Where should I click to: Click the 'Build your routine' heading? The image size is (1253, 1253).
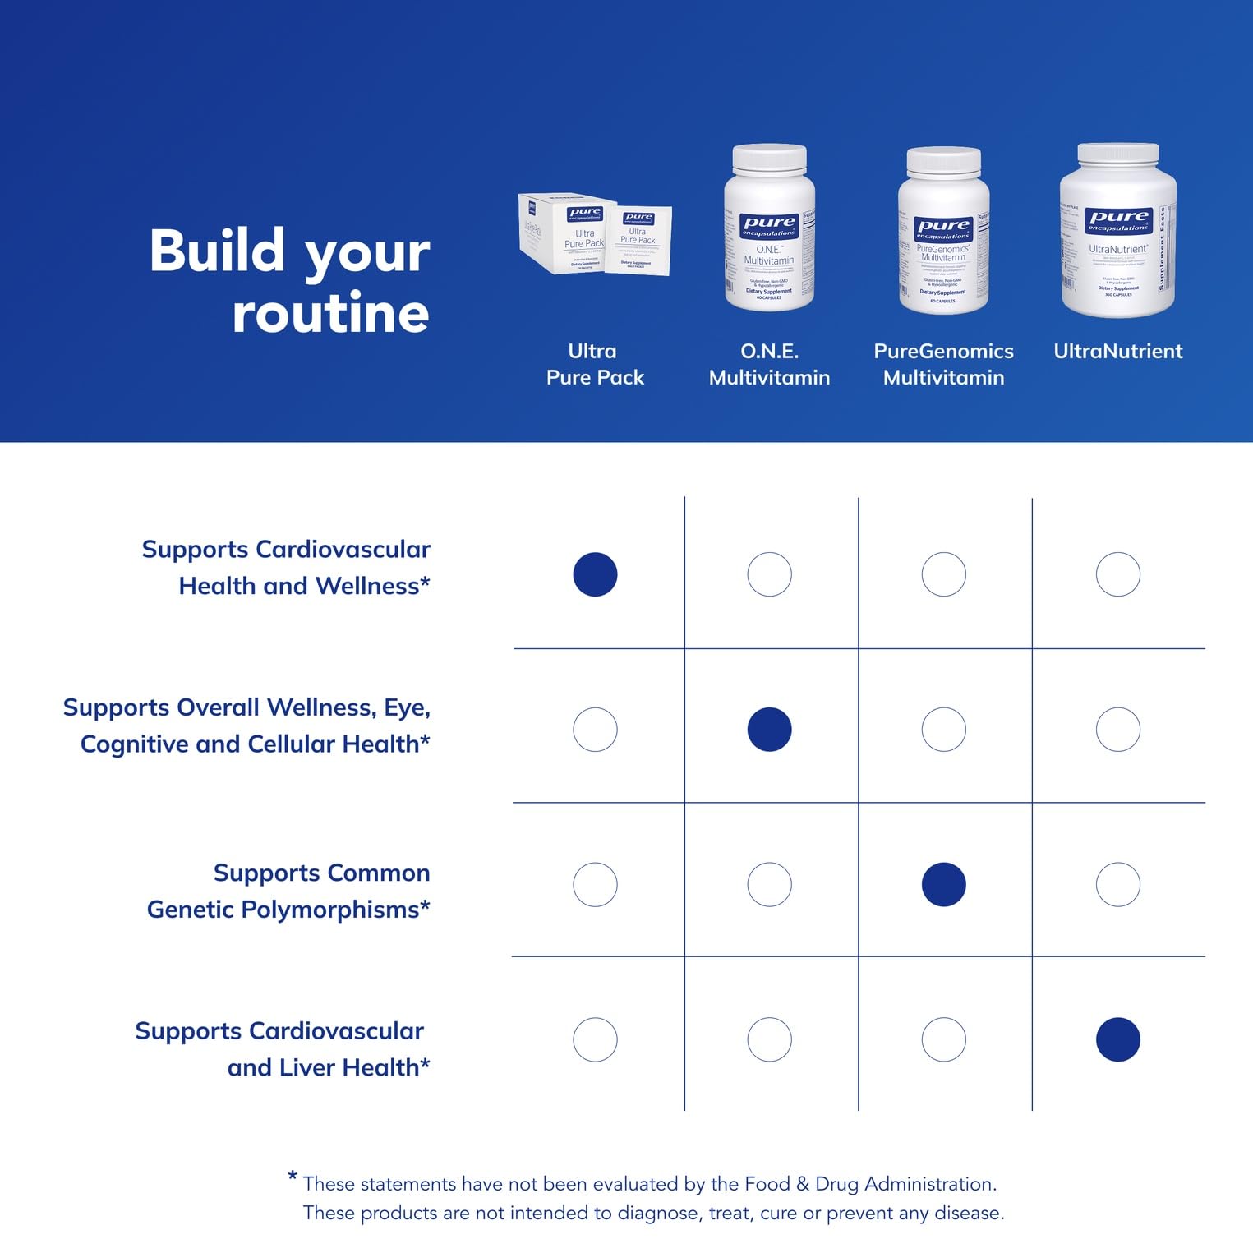point(289,281)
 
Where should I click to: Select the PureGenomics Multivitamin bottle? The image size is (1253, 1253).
point(943,232)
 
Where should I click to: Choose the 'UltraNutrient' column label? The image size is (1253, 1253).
point(1117,351)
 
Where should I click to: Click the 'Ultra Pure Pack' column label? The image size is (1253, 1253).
point(595,364)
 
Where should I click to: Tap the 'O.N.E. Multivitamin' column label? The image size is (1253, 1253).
point(769,364)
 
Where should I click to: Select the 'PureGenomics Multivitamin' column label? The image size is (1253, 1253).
point(943,364)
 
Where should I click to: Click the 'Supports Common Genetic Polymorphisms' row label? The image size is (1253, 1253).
point(288,891)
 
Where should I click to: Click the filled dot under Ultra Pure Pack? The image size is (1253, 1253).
point(595,574)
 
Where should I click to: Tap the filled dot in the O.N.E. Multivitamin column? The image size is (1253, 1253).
point(769,730)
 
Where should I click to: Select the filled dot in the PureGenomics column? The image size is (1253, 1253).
point(943,885)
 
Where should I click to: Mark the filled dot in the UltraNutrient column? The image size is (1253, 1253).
point(1117,1039)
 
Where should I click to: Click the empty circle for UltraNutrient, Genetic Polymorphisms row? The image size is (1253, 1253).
point(1117,885)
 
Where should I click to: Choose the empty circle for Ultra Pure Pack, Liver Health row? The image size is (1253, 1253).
point(595,1039)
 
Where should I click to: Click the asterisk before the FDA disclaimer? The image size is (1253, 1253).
point(293,1177)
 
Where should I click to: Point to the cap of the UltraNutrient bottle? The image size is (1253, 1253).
point(1117,153)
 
